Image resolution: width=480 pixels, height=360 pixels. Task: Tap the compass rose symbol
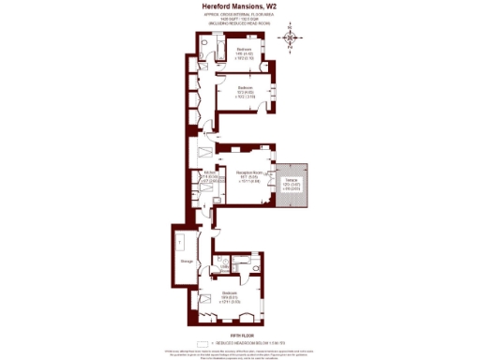[x=293, y=37]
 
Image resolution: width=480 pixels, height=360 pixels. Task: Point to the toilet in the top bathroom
[x=203, y=54]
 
